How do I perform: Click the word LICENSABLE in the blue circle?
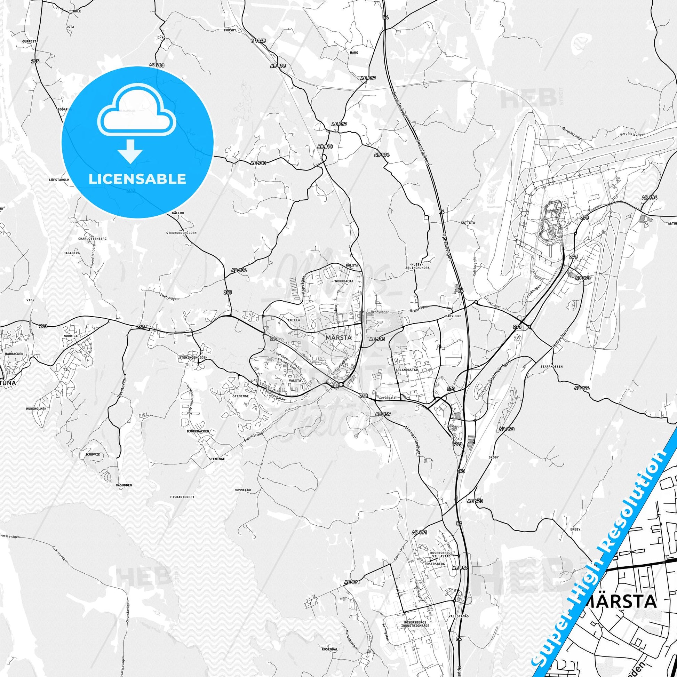tap(137, 179)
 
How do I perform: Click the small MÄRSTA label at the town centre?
tap(338, 337)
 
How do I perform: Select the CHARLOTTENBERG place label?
tap(93, 239)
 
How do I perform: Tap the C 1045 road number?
tap(258, 41)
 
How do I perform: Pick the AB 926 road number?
tap(582, 388)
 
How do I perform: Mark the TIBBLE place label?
tap(75, 11)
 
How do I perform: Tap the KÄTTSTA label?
tap(468, 222)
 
